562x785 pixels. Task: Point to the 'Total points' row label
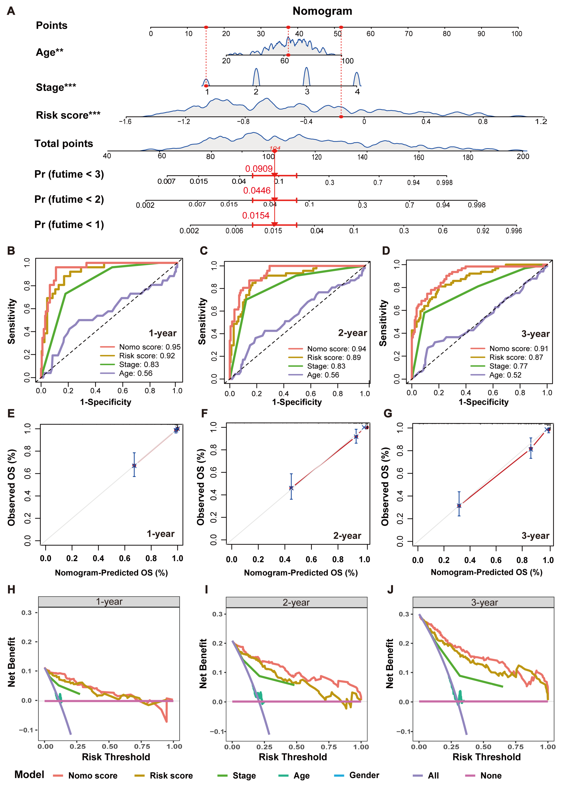[x=64, y=144]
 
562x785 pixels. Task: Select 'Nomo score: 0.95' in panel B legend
[x=149, y=347]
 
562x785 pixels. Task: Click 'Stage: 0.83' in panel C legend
[x=326, y=366]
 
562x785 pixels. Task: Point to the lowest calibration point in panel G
[x=459, y=506]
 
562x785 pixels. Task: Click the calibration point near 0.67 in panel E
[x=134, y=466]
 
